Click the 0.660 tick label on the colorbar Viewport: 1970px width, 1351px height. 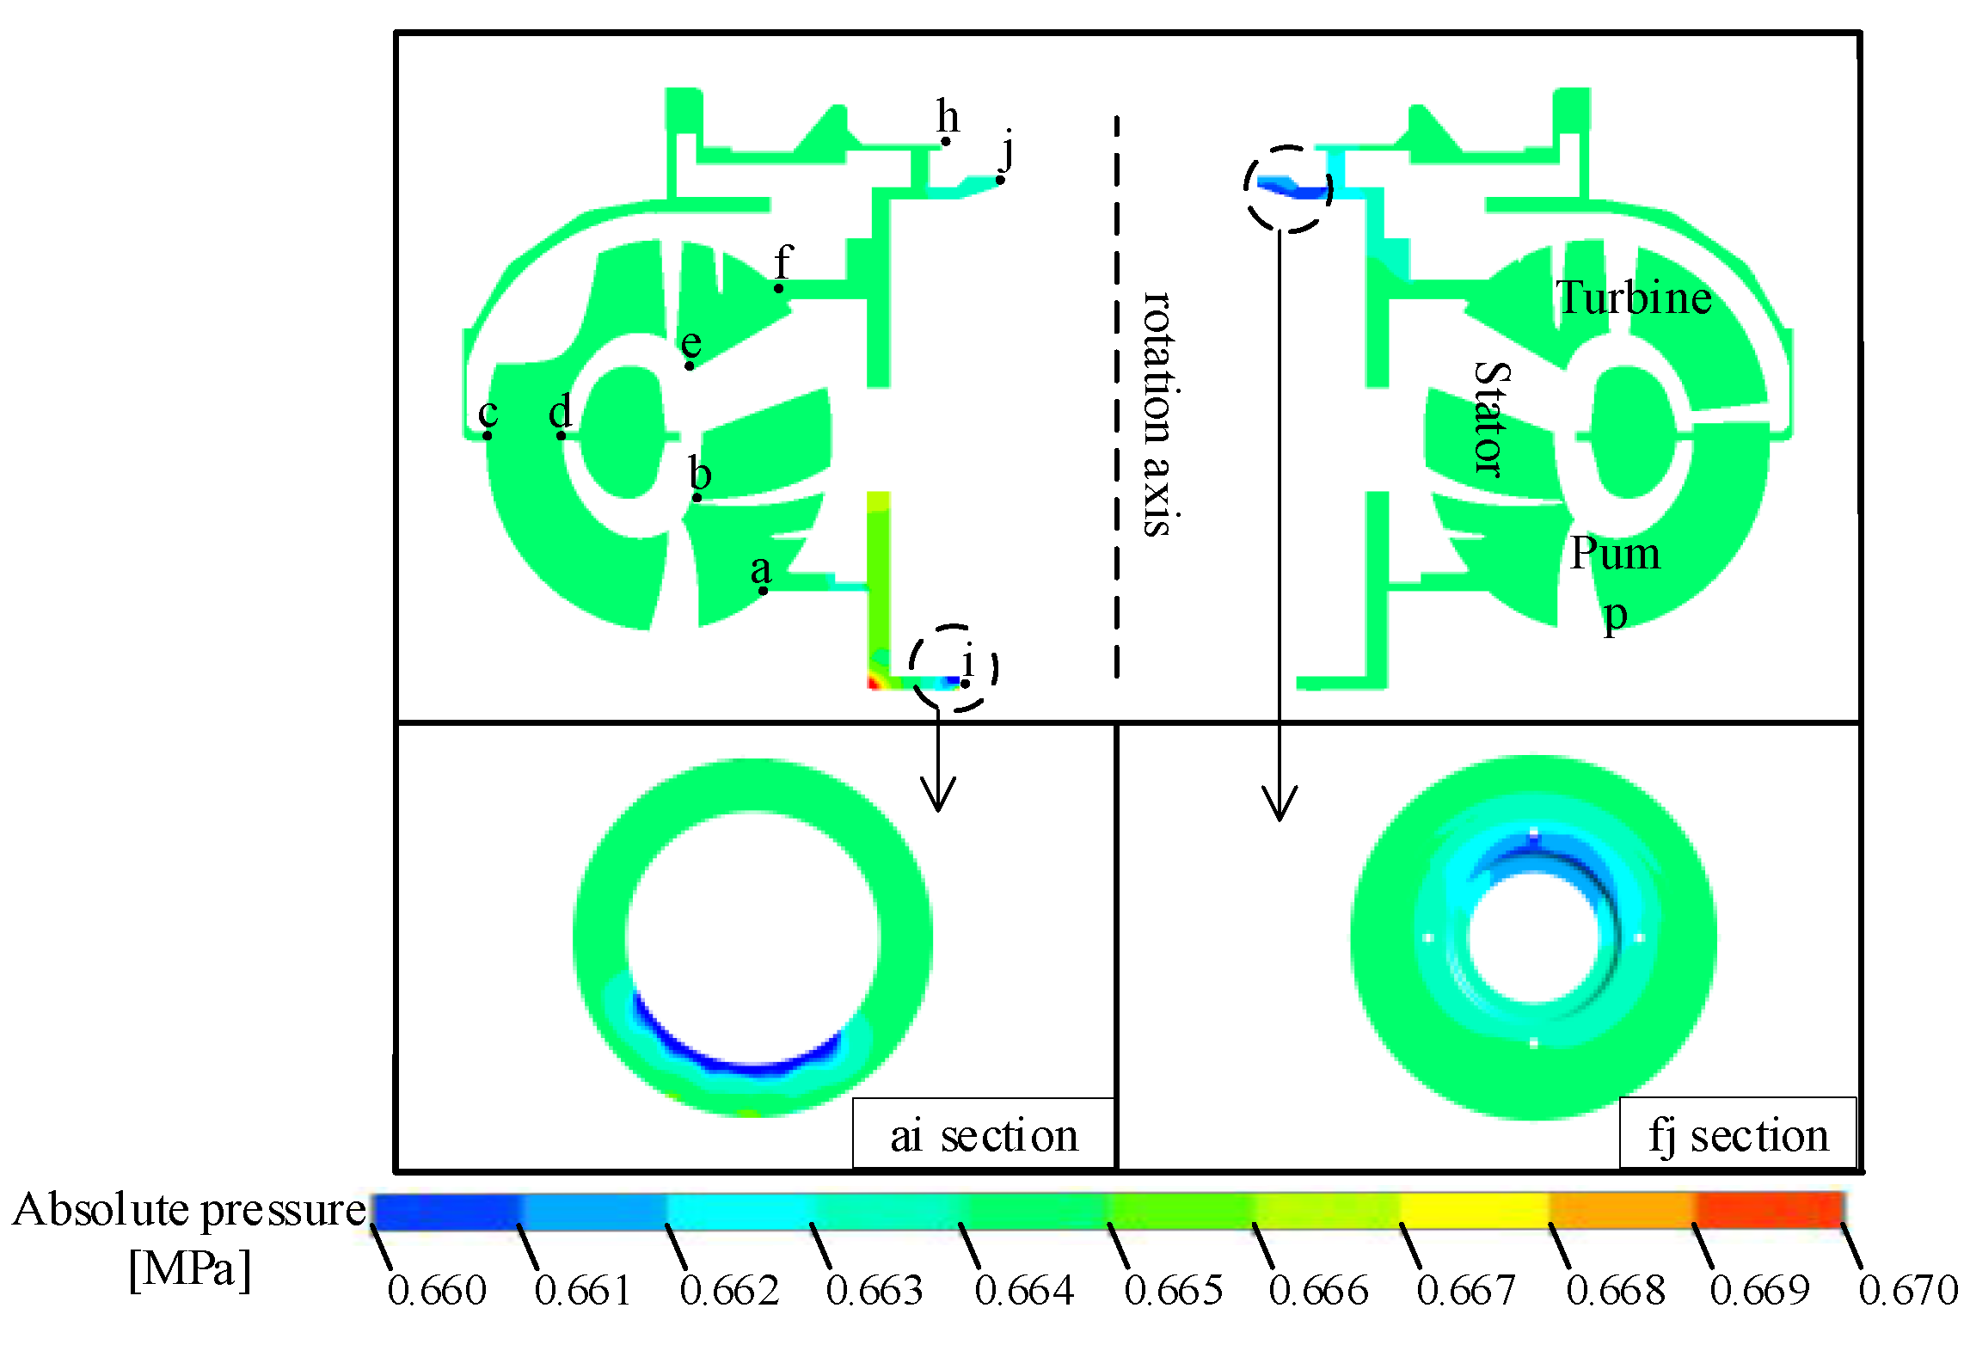437,1291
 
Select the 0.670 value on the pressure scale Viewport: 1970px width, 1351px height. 1908,1291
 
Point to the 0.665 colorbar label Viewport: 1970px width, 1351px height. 1174,1291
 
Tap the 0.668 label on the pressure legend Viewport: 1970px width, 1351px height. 1616,1291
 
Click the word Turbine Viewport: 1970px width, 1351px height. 1634,298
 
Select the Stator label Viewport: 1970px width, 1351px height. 1493,419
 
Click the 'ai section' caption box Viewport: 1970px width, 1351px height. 984,1133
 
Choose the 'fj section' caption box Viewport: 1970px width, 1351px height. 1738,1133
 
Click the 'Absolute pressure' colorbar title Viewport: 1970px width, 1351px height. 190,1209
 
